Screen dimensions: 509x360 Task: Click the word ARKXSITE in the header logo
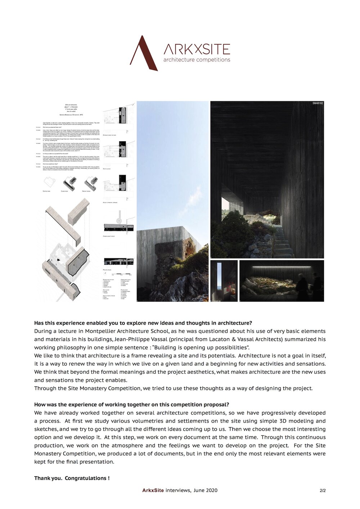point(197,49)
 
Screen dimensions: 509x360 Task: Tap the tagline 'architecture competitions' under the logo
point(197,60)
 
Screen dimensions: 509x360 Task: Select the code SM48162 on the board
point(318,103)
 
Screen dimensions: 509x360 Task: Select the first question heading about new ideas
point(143,323)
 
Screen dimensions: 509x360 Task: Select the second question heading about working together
point(131,405)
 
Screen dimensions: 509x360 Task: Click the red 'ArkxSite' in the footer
point(153,490)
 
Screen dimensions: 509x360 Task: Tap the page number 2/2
point(323,491)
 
